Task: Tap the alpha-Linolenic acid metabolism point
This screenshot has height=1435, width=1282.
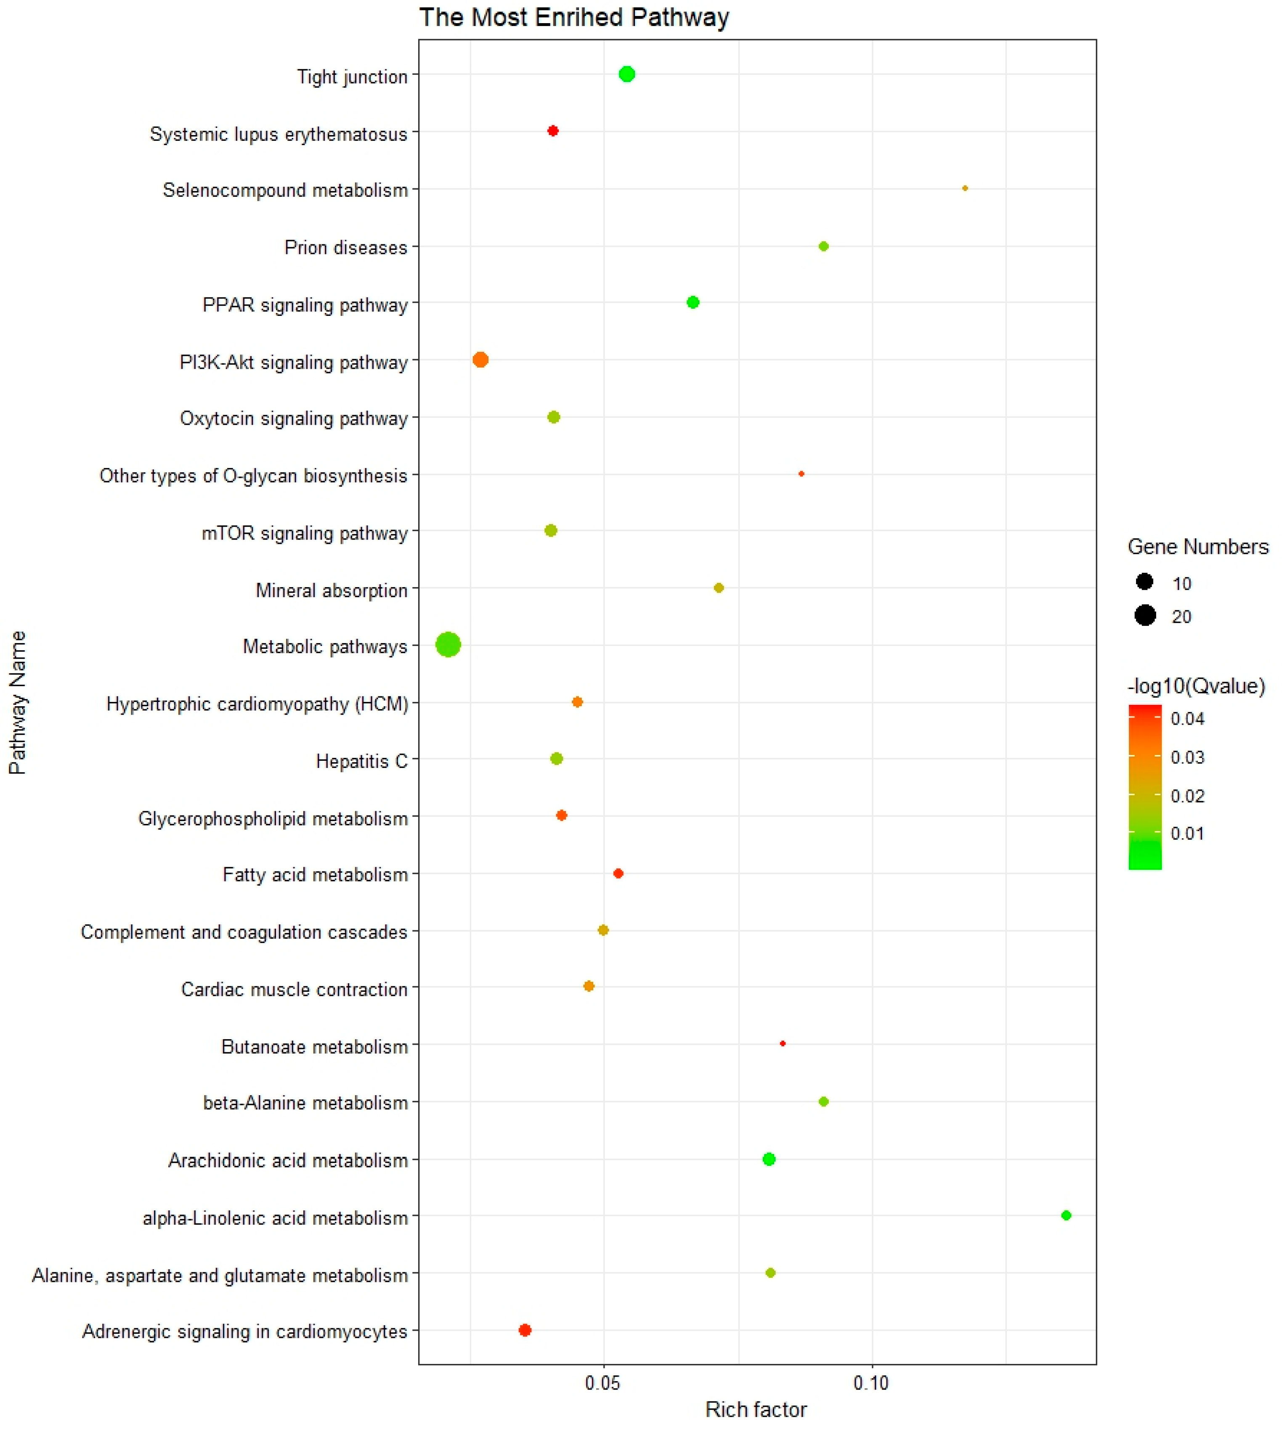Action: pyautogui.click(x=1066, y=1215)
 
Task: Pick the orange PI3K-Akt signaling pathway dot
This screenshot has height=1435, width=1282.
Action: pyautogui.click(x=480, y=360)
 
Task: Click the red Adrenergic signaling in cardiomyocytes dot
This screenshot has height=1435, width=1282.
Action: pyautogui.click(x=525, y=1330)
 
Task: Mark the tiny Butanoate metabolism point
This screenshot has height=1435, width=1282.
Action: pyautogui.click(x=783, y=1043)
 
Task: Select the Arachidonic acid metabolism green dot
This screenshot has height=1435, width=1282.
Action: pyautogui.click(x=769, y=1159)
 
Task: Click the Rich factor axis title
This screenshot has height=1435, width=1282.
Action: pyautogui.click(x=756, y=1410)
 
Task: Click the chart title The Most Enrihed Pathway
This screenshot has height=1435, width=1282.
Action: pyautogui.click(x=574, y=17)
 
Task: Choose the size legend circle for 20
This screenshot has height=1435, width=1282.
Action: pyautogui.click(x=1145, y=615)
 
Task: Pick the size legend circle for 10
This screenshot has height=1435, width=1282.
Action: pyautogui.click(x=1145, y=582)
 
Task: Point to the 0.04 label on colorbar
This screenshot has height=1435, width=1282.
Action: pyautogui.click(x=1188, y=718)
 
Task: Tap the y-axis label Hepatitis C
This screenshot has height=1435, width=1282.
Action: pyautogui.click(x=361, y=761)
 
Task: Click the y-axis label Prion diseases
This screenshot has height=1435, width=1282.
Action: pyautogui.click(x=346, y=248)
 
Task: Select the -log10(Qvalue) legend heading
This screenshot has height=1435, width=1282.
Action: pyautogui.click(x=1196, y=686)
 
